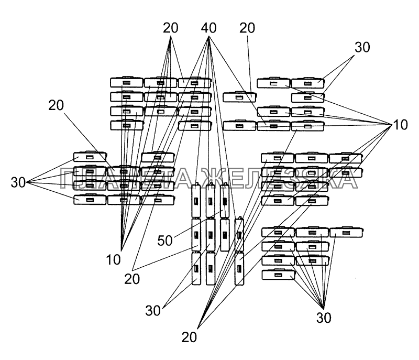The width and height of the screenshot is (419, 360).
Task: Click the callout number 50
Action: [165, 241]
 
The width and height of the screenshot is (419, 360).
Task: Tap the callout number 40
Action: [208, 28]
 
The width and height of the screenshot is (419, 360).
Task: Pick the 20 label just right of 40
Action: [247, 28]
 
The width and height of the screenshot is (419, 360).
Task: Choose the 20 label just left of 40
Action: [170, 28]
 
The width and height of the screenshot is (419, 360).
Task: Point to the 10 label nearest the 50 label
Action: [113, 259]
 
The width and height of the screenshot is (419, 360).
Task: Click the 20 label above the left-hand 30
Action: [56, 105]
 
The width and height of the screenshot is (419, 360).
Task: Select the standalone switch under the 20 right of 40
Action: [239, 97]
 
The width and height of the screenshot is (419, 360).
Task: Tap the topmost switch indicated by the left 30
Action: [90, 157]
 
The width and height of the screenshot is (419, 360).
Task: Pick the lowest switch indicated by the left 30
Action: [90, 199]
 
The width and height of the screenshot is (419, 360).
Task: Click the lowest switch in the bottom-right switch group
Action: [278, 274]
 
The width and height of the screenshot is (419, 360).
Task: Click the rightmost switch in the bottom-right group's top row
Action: [346, 232]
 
